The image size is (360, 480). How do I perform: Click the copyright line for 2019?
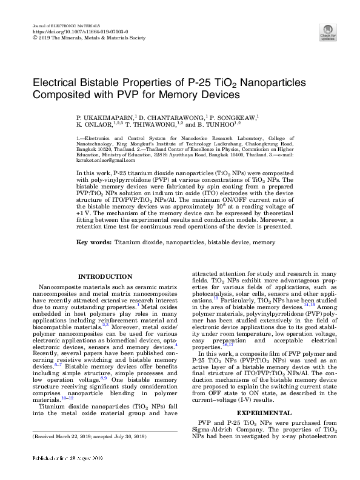pyautogui.click(x=88, y=38)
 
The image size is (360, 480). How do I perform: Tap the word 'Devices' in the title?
pyautogui.click(x=222, y=95)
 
